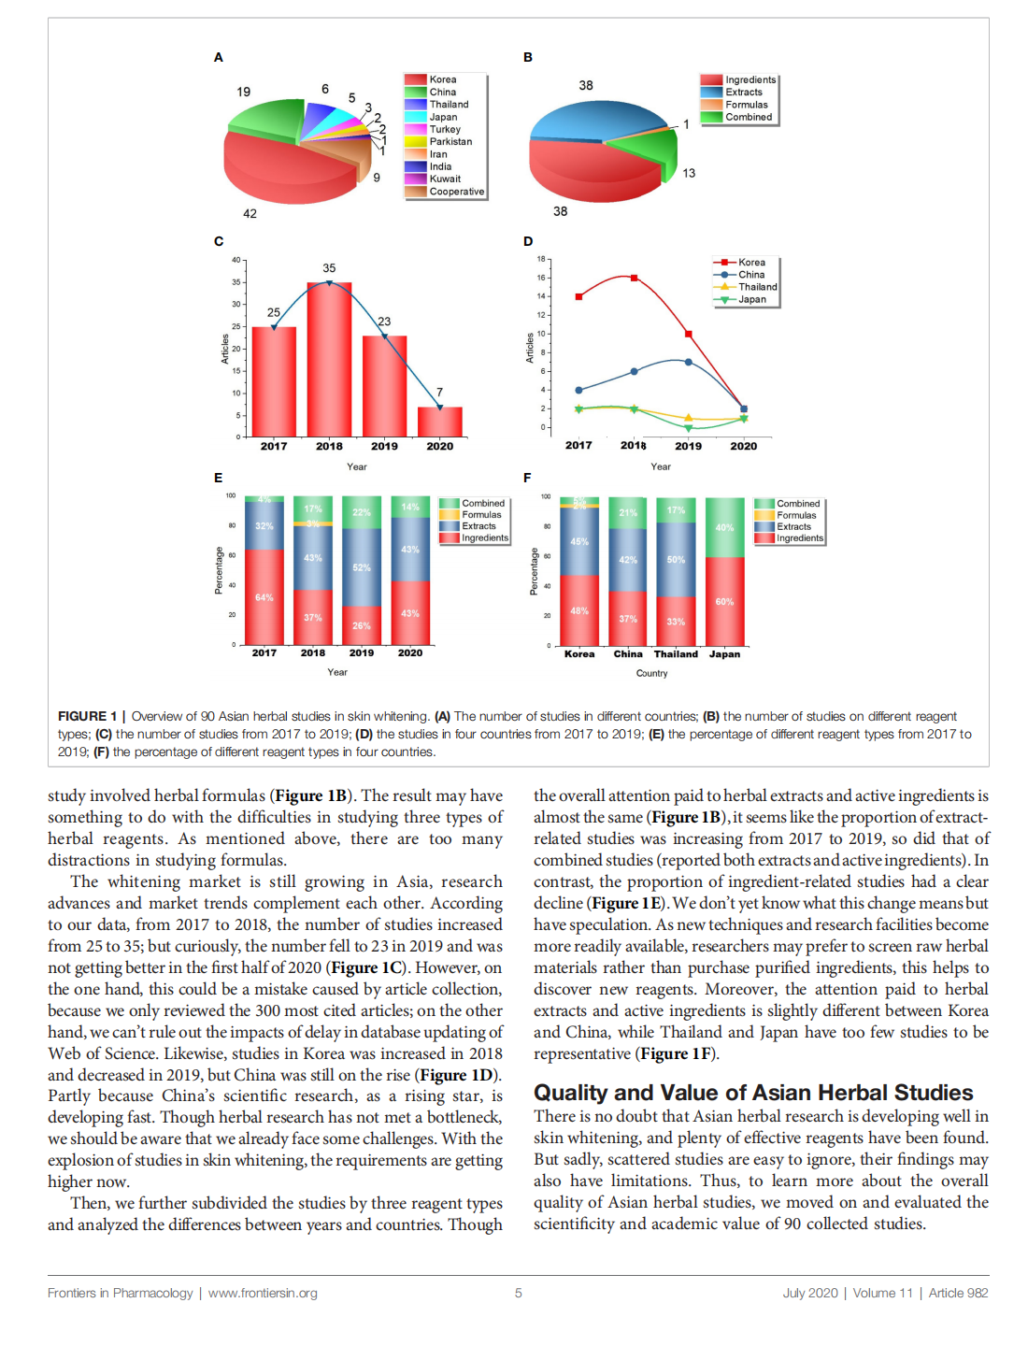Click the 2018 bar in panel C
[x=329, y=360]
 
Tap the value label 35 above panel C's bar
[x=329, y=268]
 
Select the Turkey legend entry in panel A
[x=444, y=129]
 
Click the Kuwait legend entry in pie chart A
[x=444, y=179]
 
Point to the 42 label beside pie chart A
[x=250, y=214]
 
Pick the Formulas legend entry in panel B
[x=746, y=105]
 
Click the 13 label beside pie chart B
[x=689, y=173]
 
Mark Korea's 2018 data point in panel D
[x=634, y=278]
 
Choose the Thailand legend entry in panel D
[x=757, y=287]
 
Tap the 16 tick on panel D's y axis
[x=541, y=278]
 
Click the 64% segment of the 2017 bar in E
[x=264, y=597]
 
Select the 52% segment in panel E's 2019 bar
[x=362, y=567]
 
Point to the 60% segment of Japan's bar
[x=724, y=601]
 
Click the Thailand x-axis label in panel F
[x=676, y=654]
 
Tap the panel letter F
[x=527, y=478]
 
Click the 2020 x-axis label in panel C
[x=439, y=447]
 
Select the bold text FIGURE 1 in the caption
[x=87, y=716]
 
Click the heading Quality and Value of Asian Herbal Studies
[x=753, y=1093]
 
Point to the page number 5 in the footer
[x=518, y=1294]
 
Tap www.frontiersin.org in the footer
[x=263, y=1294]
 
